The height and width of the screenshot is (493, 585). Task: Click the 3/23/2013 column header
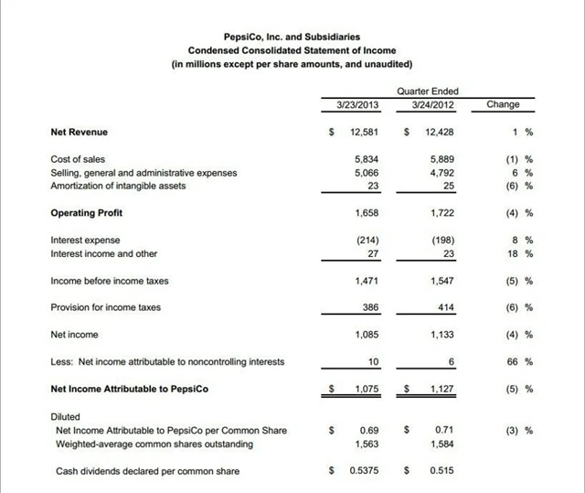click(352, 105)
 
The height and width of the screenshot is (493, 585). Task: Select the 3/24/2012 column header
click(427, 105)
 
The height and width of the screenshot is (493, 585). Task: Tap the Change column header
click(503, 105)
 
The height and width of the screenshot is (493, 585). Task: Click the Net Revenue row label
click(80, 133)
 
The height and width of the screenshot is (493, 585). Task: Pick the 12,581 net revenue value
click(364, 133)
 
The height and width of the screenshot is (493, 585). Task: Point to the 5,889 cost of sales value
click(441, 159)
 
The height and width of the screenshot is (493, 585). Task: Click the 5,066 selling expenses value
click(367, 172)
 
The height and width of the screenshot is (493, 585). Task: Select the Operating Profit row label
click(87, 213)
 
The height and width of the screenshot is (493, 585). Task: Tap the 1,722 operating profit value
click(441, 213)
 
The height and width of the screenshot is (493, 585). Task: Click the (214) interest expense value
click(367, 241)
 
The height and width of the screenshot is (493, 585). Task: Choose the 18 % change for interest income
click(520, 253)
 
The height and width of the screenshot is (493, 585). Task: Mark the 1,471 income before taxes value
click(367, 281)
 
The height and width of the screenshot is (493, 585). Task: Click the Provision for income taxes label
click(106, 307)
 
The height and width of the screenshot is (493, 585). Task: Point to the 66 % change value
click(520, 361)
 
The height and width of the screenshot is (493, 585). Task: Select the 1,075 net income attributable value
click(367, 389)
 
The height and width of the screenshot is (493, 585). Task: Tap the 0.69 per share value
click(369, 430)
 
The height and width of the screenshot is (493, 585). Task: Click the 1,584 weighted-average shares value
click(441, 444)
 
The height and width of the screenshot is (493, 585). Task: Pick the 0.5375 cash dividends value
click(364, 471)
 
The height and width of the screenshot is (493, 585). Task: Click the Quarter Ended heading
click(428, 91)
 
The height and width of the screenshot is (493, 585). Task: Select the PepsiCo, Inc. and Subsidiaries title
click(292, 36)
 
